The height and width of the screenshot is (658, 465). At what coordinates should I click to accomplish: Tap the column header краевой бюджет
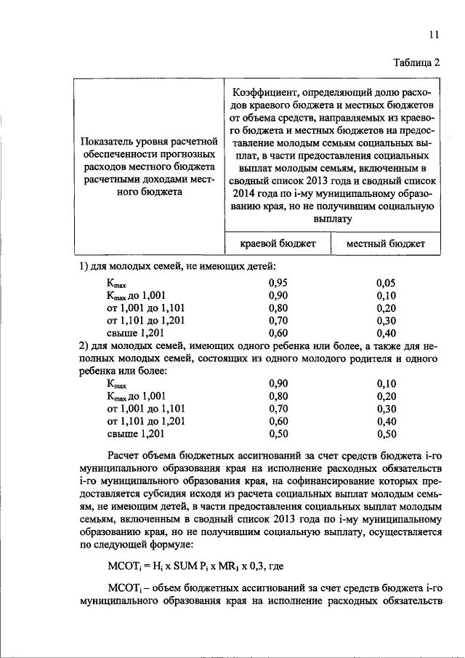278,244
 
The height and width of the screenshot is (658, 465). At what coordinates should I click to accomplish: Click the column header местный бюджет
385,244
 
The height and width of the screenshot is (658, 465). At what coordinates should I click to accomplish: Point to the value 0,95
279,281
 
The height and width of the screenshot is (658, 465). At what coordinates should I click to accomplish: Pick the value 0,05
387,281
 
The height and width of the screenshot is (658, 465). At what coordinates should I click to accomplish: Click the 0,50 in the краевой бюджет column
279,436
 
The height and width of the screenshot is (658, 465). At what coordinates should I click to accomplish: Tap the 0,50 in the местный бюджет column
387,436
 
